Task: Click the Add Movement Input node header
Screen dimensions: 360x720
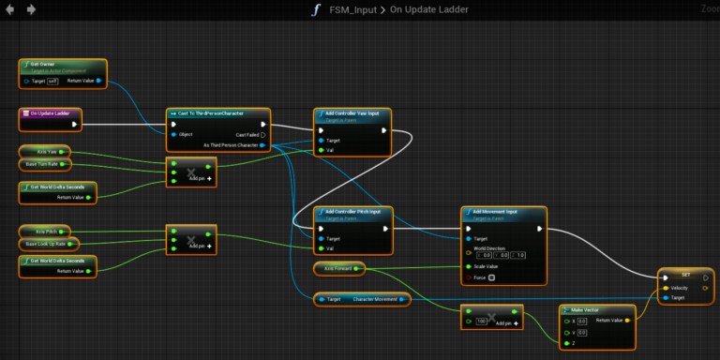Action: click(498, 211)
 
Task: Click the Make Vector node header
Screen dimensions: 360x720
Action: click(592, 308)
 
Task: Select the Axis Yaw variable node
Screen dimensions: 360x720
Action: click(47, 151)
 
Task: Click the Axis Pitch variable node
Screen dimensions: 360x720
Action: click(47, 231)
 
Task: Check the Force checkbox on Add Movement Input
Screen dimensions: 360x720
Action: click(489, 277)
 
